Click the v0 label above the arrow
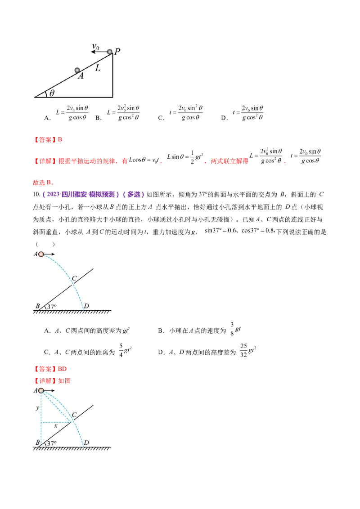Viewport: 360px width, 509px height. tap(95, 46)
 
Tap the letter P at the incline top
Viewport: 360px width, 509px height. tap(117, 51)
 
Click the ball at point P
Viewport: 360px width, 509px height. tap(109, 52)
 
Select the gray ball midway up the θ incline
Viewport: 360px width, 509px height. tap(77, 70)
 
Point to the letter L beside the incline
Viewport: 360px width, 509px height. tap(98, 69)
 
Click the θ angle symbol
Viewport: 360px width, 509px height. tap(52, 93)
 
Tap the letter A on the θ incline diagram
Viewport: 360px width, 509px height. tap(81, 76)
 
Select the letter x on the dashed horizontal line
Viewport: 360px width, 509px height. tap(55, 425)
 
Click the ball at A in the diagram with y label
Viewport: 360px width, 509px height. tap(41, 391)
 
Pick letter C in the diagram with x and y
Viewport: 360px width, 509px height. tap(74, 414)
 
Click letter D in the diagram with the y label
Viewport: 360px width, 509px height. tap(86, 443)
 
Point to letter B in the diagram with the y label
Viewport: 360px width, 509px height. tap(37, 443)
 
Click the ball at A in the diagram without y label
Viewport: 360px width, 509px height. tap(41, 254)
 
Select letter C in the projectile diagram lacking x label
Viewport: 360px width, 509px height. tap(74, 278)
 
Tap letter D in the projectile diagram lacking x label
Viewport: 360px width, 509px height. tap(86, 306)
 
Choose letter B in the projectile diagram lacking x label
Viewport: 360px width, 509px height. tap(37, 307)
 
